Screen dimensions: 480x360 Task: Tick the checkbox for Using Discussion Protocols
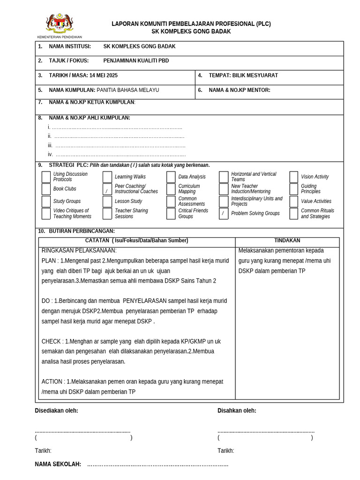46,177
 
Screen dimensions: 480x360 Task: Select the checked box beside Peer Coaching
107,189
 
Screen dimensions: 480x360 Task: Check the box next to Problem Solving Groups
224,214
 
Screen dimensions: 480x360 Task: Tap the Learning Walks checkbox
107,177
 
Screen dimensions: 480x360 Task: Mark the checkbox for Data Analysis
171,177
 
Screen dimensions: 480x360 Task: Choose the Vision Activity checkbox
294,177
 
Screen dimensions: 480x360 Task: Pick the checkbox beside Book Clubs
46,189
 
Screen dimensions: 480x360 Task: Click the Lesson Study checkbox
107,202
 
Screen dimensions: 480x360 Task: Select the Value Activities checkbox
294,202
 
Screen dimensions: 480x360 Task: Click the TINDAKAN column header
287,240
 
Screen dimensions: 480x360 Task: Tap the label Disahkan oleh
237,411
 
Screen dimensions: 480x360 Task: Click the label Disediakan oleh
56,411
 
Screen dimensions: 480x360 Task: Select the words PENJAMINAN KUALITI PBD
136,61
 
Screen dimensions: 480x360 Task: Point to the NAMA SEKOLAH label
58,464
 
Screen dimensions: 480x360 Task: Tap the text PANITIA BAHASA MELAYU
127,90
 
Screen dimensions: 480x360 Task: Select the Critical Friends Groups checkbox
171,214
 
